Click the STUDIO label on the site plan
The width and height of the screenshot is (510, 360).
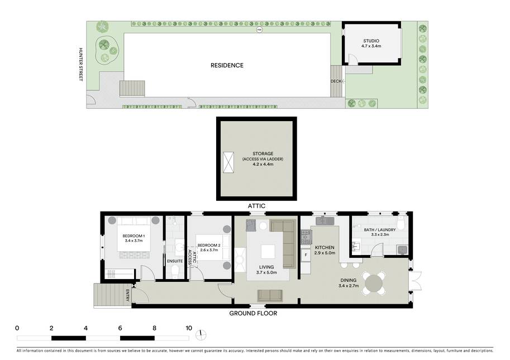(371, 41)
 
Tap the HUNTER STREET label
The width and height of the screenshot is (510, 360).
(80, 64)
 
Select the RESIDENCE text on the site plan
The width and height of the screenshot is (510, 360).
(227, 65)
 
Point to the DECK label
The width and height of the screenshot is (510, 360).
(336, 81)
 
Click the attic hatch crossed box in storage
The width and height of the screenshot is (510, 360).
(228, 162)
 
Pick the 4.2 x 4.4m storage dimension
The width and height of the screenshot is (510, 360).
(263, 165)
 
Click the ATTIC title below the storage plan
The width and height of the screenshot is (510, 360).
(256, 206)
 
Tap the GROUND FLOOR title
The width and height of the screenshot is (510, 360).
(253, 313)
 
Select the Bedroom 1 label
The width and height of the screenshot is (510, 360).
(134, 236)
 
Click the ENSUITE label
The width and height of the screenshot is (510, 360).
(175, 261)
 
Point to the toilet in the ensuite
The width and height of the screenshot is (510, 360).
(175, 271)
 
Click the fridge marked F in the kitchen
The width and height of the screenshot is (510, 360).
(306, 256)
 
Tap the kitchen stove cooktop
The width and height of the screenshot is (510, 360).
(306, 237)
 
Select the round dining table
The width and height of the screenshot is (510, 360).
(374, 284)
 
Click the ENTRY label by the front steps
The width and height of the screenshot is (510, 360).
(127, 295)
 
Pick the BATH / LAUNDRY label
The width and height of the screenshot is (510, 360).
(380, 230)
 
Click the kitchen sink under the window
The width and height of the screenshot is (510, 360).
(325, 220)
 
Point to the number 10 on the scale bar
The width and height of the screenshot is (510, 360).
(189, 328)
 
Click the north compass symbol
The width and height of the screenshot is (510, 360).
(201, 335)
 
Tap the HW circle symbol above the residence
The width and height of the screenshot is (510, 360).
(259, 30)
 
